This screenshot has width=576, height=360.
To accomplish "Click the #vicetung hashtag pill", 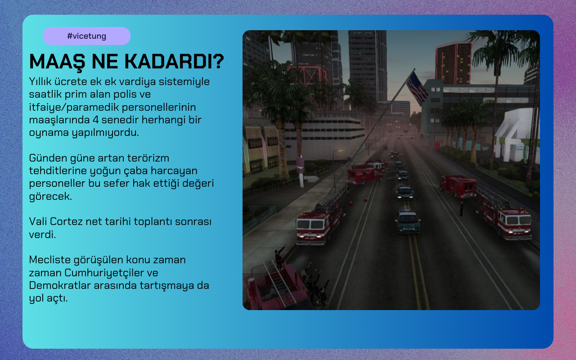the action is click(x=86, y=36).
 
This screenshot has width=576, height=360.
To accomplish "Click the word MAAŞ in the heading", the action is click(x=57, y=62).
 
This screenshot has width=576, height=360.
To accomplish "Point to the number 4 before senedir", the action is click(x=96, y=120).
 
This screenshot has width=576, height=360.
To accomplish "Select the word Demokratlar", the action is click(x=60, y=285).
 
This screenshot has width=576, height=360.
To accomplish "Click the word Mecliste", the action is click(x=50, y=260).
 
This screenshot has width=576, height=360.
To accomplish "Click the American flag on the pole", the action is click(x=417, y=88).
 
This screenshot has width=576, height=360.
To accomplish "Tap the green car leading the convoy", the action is click(x=408, y=222).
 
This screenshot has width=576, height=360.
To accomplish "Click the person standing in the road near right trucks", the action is click(x=462, y=208).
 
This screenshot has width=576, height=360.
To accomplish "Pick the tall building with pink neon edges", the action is click(x=454, y=63).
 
